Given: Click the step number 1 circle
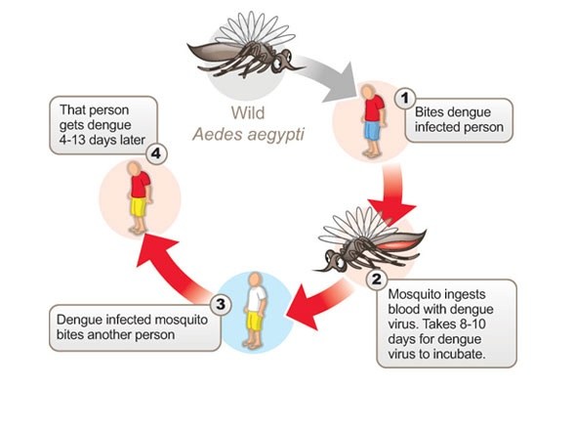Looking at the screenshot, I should [x=399, y=98].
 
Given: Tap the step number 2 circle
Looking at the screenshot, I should [x=375, y=279].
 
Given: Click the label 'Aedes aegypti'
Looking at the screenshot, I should [x=248, y=130].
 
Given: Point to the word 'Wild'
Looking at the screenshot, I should [x=247, y=111].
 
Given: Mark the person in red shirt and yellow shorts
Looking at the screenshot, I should [x=139, y=195].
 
